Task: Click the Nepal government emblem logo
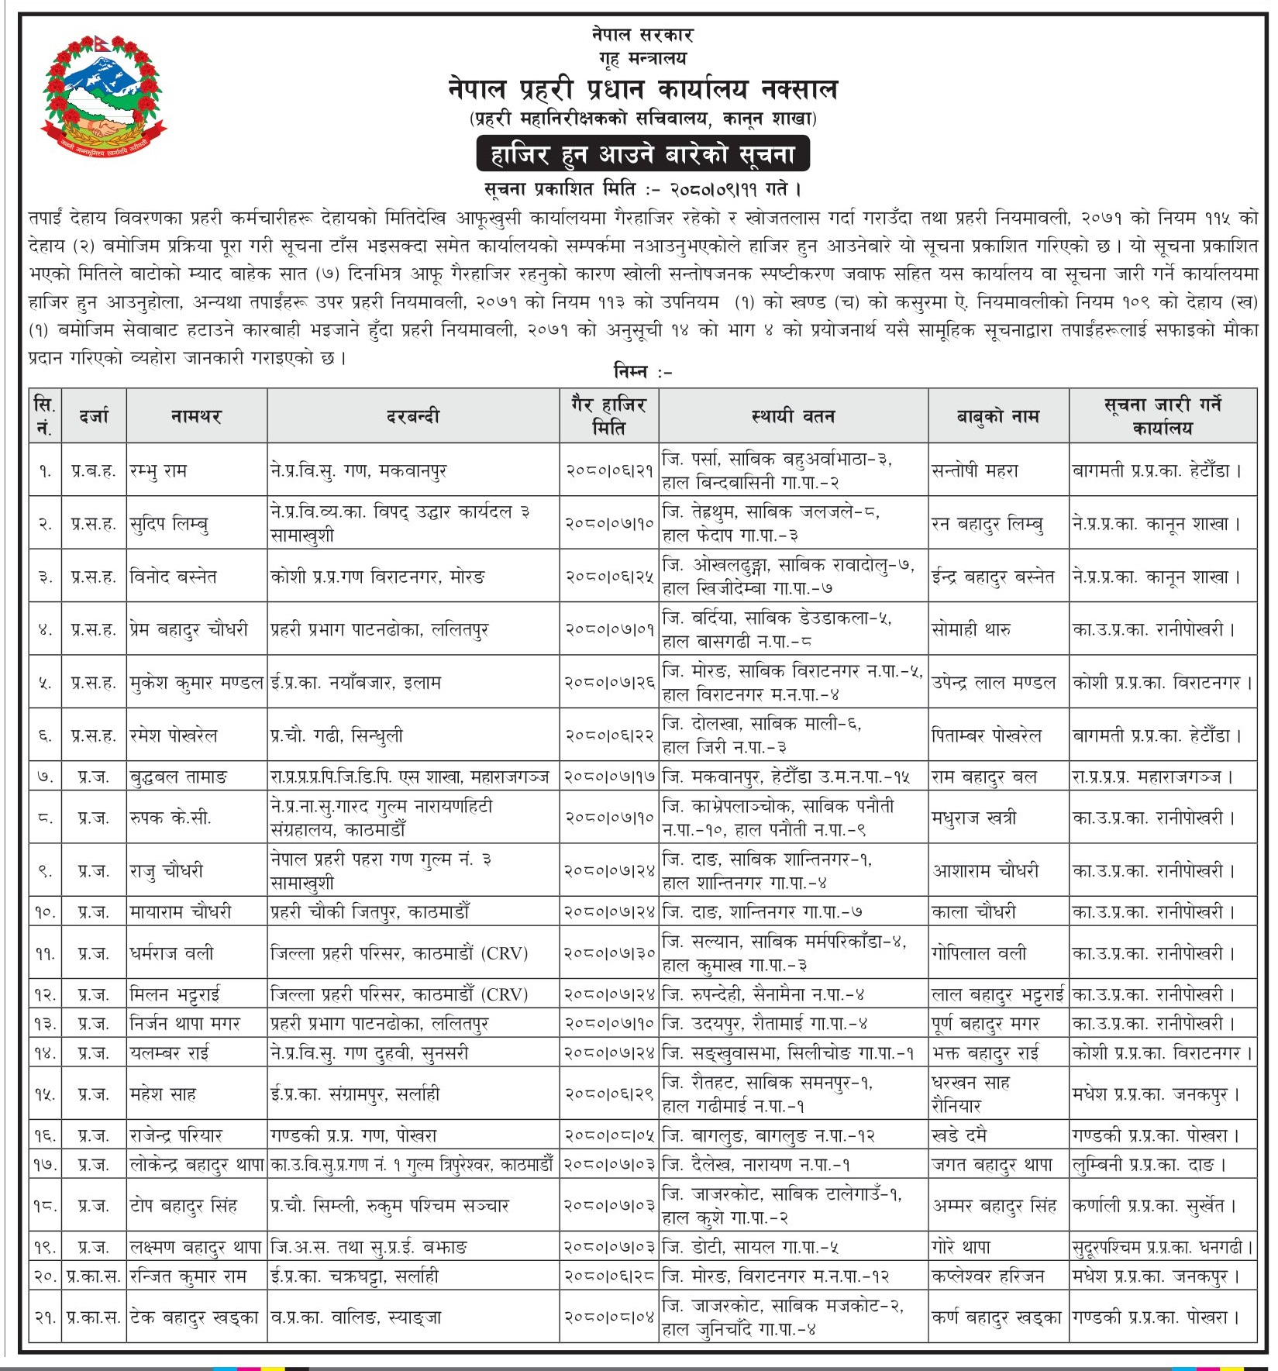[x=105, y=97]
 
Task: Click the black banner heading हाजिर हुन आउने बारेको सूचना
[x=642, y=153]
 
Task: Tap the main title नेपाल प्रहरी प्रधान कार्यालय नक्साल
[x=642, y=89]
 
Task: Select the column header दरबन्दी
[x=413, y=416]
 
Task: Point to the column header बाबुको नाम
[x=997, y=416]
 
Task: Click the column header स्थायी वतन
[x=793, y=416]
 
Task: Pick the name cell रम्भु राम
[x=159, y=470]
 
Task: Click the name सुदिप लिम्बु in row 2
[x=169, y=524]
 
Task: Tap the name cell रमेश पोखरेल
[x=174, y=735]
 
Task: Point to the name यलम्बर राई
[x=170, y=1053]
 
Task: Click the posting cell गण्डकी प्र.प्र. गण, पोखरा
[x=353, y=1136]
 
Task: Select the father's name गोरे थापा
[x=961, y=1248]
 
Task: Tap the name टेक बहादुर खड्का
[x=195, y=1317]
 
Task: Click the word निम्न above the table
[x=631, y=372]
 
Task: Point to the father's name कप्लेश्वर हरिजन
[x=988, y=1276]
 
